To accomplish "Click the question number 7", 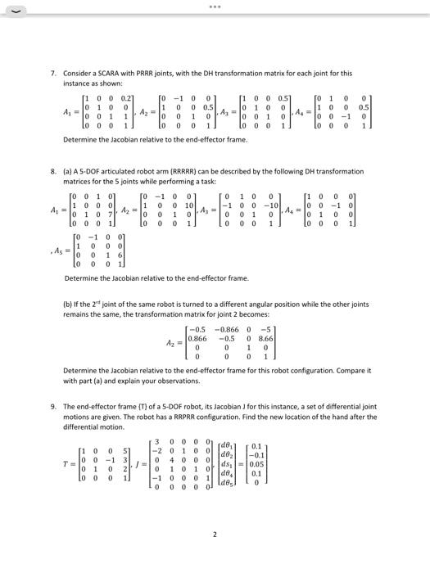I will click(53, 73).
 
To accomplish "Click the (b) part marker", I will click(68, 304).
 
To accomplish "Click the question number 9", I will click(53, 406).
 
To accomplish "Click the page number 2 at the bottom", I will click(215, 535).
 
